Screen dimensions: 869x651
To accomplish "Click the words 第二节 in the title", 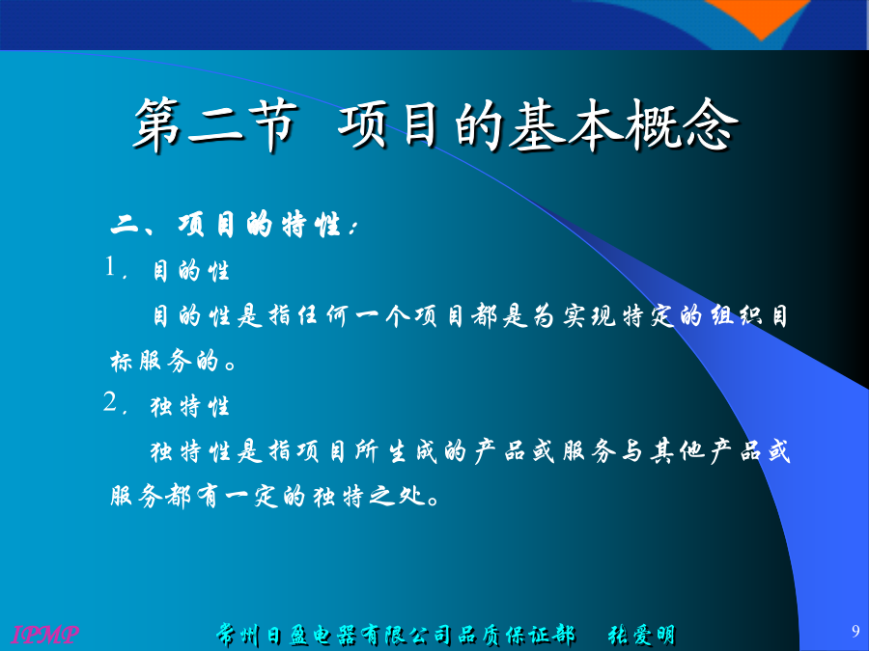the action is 215,125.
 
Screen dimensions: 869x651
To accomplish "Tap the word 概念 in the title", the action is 683,125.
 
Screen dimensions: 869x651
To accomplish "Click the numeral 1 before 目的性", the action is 111,266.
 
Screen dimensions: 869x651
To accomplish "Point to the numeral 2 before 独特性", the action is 111,401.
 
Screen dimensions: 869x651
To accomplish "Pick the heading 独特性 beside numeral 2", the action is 190,407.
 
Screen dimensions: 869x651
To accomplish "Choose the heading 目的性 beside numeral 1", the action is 190,271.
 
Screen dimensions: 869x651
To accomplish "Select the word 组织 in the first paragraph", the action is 737,316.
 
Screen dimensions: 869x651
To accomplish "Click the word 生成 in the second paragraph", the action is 413,451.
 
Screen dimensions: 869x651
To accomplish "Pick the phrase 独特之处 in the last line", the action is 370,496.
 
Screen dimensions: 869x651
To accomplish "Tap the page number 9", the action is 855,631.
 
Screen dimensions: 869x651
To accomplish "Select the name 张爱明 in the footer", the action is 641,635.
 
